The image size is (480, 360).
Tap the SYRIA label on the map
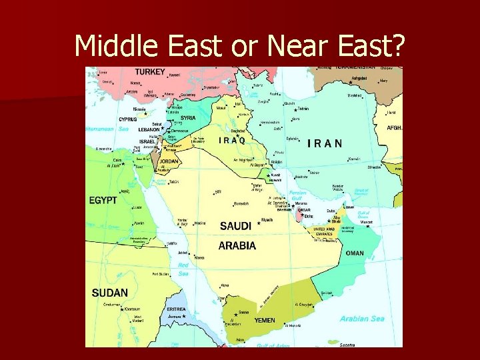(188, 118)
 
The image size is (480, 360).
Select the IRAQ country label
(232, 141)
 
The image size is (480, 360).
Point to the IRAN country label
(325, 143)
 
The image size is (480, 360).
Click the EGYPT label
(103, 200)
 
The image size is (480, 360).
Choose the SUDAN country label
(110, 293)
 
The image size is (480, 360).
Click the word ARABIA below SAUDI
(237, 245)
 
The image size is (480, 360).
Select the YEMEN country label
(265, 321)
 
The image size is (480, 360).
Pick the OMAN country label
(355, 253)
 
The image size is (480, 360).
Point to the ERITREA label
(176, 309)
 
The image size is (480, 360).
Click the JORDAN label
(168, 161)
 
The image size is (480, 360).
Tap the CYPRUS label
(128, 120)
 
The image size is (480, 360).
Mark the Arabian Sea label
(362, 319)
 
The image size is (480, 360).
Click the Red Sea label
(183, 269)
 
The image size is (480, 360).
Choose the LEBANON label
(149, 130)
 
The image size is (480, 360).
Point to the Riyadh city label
(267, 219)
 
